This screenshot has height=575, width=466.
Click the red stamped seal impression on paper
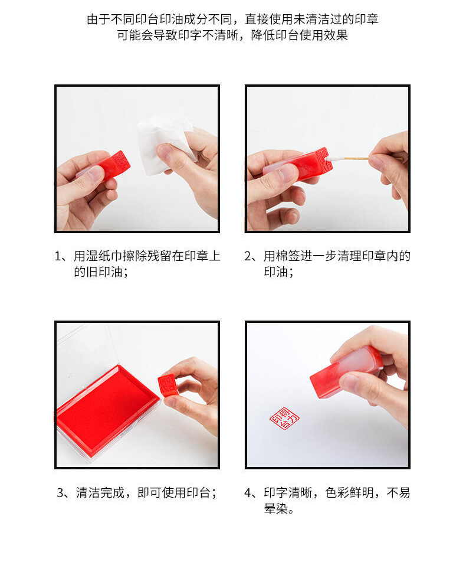tap(284, 418)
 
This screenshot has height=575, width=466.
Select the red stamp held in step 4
tap(346, 372)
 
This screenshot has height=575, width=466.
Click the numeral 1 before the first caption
tap(58, 256)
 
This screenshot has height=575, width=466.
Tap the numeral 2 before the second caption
tap(248, 256)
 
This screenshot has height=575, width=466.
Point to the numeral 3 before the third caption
tap(60, 492)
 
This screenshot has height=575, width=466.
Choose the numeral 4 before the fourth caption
tap(248, 492)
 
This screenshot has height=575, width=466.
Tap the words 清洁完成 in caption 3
tap(100, 492)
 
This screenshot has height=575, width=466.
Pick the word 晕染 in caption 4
tap(276, 509)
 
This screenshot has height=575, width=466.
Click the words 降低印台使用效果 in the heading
tap(299, 35)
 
